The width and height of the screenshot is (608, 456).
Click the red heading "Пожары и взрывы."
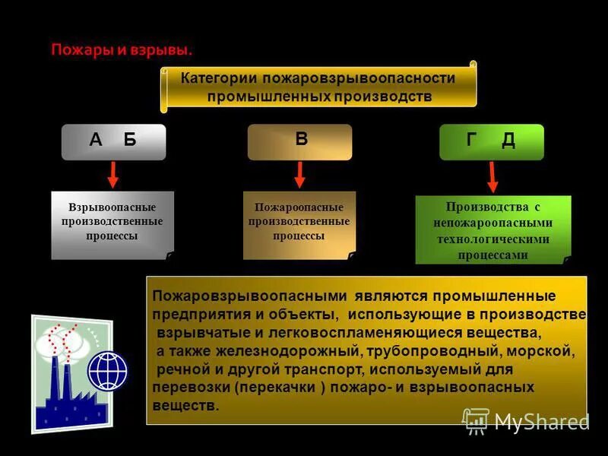point(122,51)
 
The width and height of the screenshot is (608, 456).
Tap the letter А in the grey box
point(96,140)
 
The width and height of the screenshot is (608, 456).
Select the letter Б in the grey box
point(130,140)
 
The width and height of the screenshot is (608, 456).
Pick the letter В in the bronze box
point(301,139)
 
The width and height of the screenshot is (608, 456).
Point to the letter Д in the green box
point(508,140)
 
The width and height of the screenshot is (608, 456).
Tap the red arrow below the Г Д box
point(492,176)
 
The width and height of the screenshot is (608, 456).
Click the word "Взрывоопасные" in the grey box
point(112,207)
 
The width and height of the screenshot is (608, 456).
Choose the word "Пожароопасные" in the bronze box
point(299,207)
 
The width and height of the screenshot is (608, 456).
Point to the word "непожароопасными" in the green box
point(492,223)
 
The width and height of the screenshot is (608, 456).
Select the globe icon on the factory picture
point(107,371)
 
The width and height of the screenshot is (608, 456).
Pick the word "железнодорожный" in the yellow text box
point(287,352)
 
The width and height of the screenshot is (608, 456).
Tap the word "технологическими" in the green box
point(492,239)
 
